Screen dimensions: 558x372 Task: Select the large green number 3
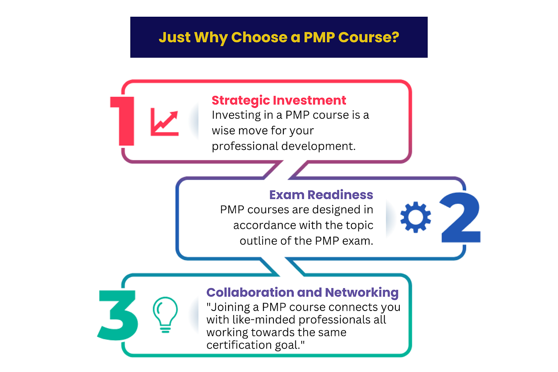pos(118,315)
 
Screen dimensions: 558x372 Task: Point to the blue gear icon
pos(416,217)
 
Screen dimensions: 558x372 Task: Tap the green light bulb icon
pos(165,314)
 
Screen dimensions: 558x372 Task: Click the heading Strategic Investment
pos(279,100)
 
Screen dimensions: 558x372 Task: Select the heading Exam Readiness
pos(321,195)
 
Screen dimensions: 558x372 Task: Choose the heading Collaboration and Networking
pos(302,292)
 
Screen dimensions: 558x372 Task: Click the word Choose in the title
pos(259,37)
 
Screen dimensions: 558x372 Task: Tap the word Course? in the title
pos(368,37)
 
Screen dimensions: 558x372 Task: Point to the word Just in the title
pos(175,37)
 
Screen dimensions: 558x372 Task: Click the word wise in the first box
pos(224,131)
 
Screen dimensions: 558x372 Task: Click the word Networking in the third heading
pos(362,292)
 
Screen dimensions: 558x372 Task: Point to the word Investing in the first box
pos(231,115)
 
